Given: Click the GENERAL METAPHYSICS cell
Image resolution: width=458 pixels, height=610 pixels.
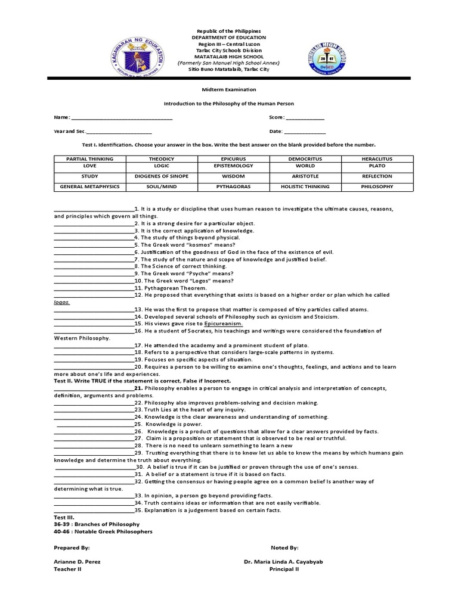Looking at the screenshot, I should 90,186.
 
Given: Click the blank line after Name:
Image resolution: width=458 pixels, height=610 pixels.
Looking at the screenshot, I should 122,119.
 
